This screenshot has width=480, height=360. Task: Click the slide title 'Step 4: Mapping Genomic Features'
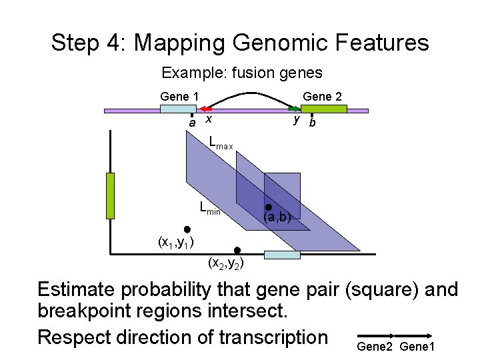tap(240, 43)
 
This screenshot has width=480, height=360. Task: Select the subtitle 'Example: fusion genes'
tap(242, 73)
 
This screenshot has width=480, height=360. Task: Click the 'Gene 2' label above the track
tap(323, 97)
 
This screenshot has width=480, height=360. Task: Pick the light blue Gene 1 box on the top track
tap(179, 109)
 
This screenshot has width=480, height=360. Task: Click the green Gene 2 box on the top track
tap(315, 109)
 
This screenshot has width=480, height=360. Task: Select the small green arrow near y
tap(293, 108)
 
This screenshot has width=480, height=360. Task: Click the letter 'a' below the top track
tap(192, 123)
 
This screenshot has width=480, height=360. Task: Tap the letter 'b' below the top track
tap(312, 123)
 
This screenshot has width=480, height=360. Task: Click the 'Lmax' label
tap(221, 143)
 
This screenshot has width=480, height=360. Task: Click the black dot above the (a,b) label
tap(269, 207)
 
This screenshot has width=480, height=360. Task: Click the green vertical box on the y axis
tap(111, 195)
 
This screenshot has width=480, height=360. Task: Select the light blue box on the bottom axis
tap(282, 255)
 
